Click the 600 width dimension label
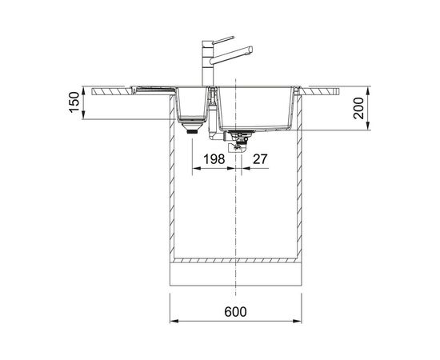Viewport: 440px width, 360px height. [235, 312]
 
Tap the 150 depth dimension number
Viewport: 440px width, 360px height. [74, 102]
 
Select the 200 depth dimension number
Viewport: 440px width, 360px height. [358, 108]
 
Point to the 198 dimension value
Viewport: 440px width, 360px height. [214, 159]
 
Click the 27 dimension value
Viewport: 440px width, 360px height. [260, 159]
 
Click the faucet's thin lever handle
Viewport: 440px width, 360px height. [223, 40]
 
